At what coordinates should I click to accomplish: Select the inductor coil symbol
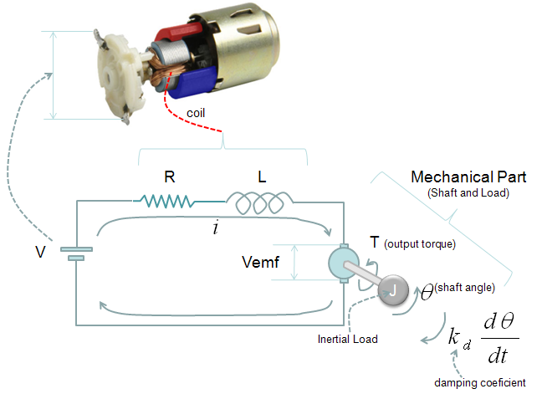pyautogui.click(x=259, y=203)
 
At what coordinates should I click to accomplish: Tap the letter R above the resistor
pyautogui.click(x=169, y=177)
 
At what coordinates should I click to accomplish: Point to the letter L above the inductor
pyautogui.click(x=262, y=177)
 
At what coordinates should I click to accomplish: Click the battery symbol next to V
pyautogui.click(x=76, y=253)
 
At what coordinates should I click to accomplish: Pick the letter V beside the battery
pyautogui.click(x=40, y=252)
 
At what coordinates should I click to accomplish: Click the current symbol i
pyautogui.click(x=216, y=228)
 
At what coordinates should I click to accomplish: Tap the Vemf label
pyautogui.click(x=260, y=262)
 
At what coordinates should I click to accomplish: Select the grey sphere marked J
pyautogui.click(x=393, y=290)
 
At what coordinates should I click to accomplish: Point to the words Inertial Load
pyautogui.click(x=347, y=339)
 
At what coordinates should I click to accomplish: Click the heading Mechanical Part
pyautogui.click(x=468, y=177)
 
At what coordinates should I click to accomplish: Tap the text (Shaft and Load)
pyautogui.click(x=468, y=193)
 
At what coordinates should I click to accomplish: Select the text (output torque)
pyautogui.click(x=420, y=244)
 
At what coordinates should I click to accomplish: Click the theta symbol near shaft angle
pyautogui.click(x=427, y=292)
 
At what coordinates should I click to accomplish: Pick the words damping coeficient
pyautogui.click(x=480, y=382)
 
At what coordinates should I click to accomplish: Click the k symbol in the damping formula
pyautogui.click(x=453, y=336)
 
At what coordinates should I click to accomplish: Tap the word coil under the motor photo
pyautogui.click(x=196, y=113)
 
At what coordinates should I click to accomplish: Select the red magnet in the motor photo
pyautogui.click(x=178, y=33)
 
